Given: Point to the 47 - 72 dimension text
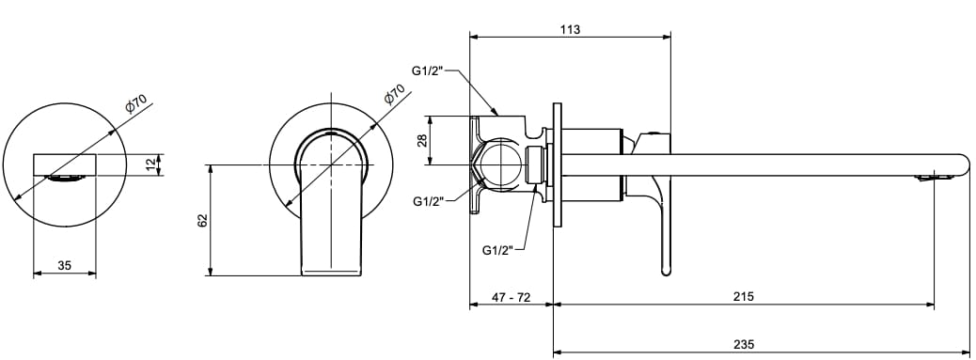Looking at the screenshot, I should pyautogui.click(x=512, y=296).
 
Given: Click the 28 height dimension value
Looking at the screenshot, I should pyautogui.click(x=422, y=141).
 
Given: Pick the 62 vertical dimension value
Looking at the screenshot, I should pyautogui.click(x=202, y=221).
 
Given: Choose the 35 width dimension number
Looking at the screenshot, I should pyautogui.click(x=64, y=266).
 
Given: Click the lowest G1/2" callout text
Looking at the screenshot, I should pyautogui.click(x=497, y=250).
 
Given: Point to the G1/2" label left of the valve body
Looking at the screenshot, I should pyautogui.click(x=428, y=201).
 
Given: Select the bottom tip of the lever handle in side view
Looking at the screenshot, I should pyautogui.click(x=667, y=272).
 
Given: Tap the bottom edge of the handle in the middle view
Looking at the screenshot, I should pyautogui.click(x=330, y=274).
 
